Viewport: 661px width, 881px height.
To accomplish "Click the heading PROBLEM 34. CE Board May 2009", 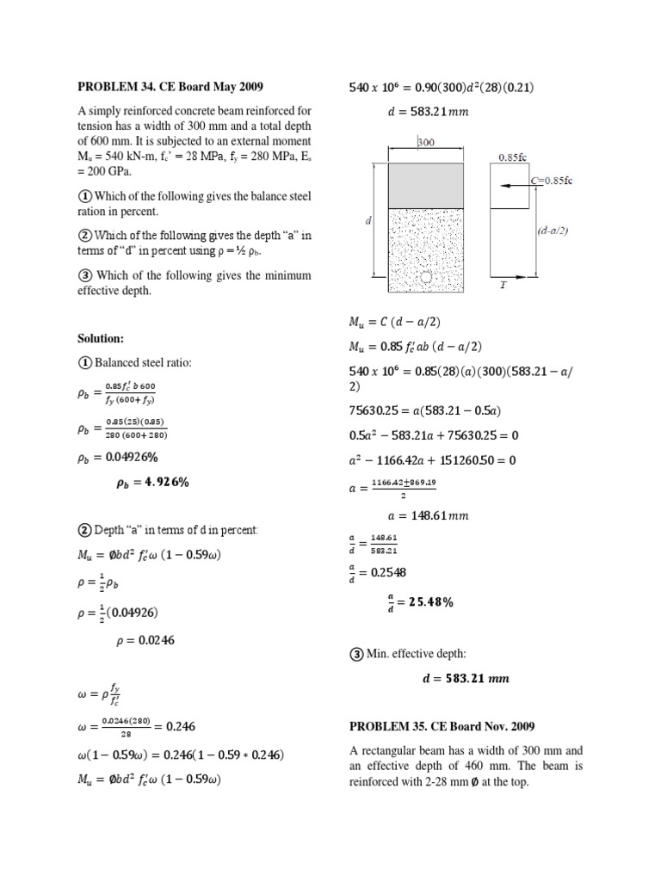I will click(170, 86).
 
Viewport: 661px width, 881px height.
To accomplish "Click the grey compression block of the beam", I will click(427, 184).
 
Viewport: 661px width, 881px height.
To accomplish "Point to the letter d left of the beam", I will click(368, 220).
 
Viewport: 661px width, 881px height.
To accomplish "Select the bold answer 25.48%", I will click(425, 602).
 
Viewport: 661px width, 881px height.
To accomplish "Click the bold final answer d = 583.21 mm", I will click(465, 679).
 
